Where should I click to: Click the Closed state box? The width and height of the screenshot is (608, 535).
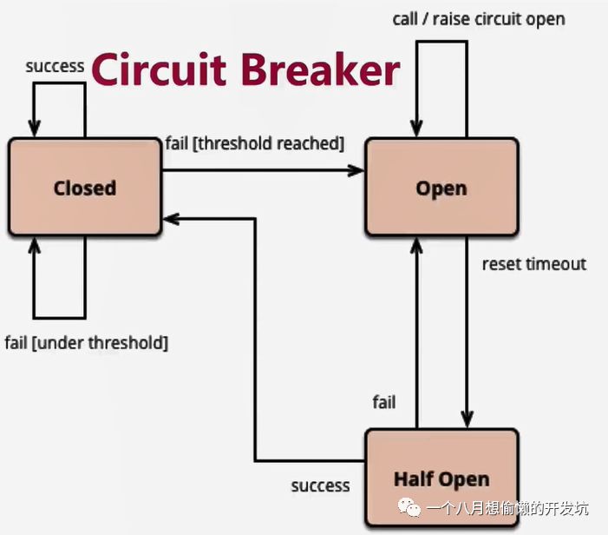click(x=84, y=187)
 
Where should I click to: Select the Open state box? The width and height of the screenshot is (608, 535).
click(x=441, y=187)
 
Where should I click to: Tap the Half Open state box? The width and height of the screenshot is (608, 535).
click(x=441, y=478)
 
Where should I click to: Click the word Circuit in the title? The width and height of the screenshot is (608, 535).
click(x=159, y=69)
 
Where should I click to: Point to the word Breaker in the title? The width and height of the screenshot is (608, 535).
click(x=321, y=69)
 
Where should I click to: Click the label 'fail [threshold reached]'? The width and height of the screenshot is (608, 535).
click(x=255, y=143)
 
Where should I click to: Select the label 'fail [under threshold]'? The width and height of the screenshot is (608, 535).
click(x=87, y=343)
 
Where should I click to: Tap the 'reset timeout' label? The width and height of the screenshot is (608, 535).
click(x=534, y=264)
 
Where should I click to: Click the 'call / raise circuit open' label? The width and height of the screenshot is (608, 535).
click(x=479, y=19)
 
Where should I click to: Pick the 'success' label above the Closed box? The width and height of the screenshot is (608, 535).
click(x=55, y=66)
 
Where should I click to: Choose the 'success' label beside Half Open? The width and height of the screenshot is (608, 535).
click(x=320, y=486)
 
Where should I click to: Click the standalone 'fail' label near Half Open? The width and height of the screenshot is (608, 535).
click(x=384, y=402)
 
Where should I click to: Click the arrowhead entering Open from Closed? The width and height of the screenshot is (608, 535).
click(x=356, y=170)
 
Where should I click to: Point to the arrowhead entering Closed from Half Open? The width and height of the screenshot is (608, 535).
click(x=171, y=219)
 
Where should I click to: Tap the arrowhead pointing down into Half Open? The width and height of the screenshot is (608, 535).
click(x=467, y=419)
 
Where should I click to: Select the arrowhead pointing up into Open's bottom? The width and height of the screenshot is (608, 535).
click(x=416, y=246)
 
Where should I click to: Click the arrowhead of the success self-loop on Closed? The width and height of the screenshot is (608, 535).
click(x=35, y=129)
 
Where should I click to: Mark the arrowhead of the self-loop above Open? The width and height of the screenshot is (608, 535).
click(x=416, y=129)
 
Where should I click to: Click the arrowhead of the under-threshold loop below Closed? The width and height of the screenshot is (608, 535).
click(x=35, y=246)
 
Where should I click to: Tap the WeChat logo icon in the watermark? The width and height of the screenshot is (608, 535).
click(x=409, y=507)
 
